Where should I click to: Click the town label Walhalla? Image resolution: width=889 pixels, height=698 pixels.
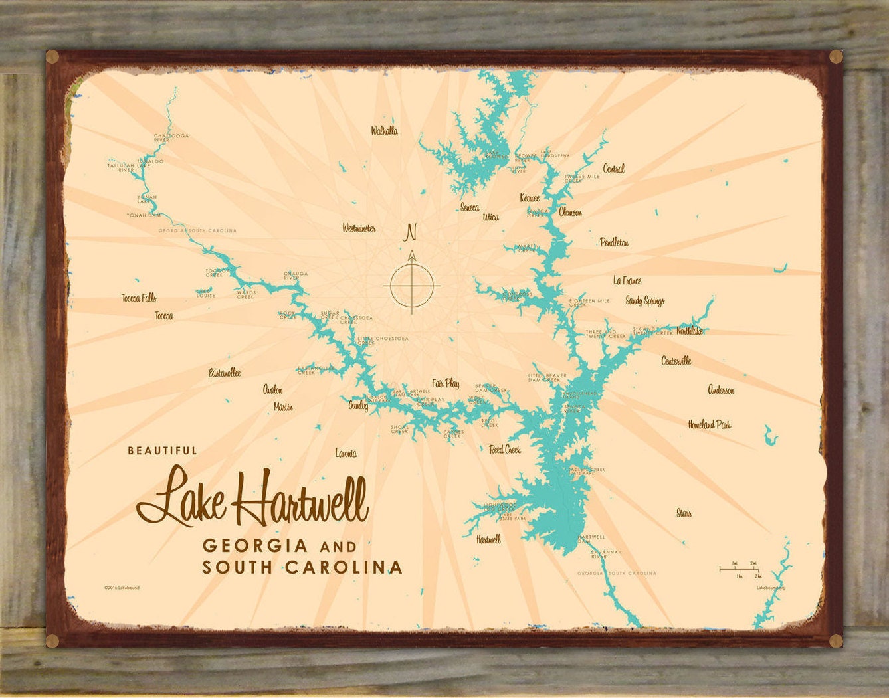384,131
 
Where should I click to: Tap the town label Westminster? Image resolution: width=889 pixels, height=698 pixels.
359,228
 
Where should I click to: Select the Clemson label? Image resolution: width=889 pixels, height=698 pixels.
570,213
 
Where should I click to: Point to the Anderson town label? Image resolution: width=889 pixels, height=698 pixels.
721,390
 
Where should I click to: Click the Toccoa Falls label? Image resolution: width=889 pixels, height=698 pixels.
139,298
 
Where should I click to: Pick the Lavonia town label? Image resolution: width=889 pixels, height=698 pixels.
346,454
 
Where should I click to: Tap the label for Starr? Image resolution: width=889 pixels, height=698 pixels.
684,513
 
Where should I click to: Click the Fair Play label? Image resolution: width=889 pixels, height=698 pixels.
445,383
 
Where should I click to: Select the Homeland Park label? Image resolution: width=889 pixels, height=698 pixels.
709,424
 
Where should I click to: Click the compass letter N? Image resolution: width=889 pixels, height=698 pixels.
411,232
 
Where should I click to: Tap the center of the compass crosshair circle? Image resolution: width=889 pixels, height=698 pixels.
412,286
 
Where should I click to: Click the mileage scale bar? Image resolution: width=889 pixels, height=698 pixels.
739,569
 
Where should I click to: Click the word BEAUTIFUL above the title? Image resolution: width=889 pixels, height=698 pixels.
162,450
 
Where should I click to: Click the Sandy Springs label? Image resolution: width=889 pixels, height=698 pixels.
644,301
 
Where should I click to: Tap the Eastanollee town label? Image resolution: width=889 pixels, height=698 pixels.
225,373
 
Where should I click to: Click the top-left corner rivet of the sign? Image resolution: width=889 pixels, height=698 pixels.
52,58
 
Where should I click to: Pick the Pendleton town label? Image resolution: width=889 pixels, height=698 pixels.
614,242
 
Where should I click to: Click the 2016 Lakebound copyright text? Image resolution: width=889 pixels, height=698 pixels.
122,588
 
